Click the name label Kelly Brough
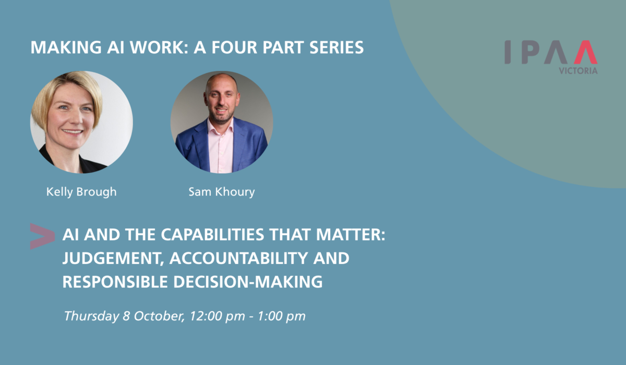pos(81,192)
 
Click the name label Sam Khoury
pos(222,192)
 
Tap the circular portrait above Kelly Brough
pos(81,122)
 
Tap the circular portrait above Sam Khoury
pos(222,122)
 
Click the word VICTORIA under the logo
pos(578,71)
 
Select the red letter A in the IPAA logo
pos(586,52)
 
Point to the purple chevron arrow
pos(42,236)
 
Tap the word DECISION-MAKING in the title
pos(248,282)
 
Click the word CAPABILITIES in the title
pos(212,234)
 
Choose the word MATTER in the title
pos(351,234)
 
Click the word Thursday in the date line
pos(91,317)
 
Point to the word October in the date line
pos(159,316)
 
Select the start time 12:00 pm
pos(217,317)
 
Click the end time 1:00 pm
pos(281,317)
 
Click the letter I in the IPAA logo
pos(508,52)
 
